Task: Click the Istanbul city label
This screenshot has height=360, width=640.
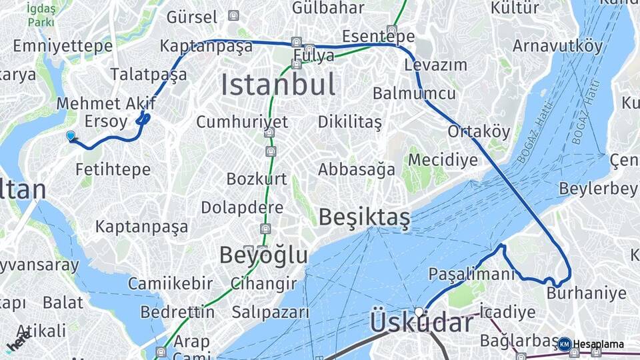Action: [x=278, y=85]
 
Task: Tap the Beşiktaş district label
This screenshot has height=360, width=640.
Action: [x=364, y=217]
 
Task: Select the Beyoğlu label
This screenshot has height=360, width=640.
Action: [x=264, y=255]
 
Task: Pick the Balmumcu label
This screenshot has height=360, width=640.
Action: [x=414, y=93]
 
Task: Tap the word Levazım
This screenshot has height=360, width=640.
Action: [x=435, y=65]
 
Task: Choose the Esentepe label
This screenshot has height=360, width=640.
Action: [x=379, y=36]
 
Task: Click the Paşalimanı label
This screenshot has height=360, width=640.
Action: [x=471, y=274]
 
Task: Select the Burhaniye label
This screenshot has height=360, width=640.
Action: [x=586, y=293]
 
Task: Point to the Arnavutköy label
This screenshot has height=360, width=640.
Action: [x=557, y=46]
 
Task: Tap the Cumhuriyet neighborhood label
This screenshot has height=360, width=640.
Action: [x=242, y=122]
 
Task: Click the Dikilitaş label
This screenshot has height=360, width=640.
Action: [x=349, y=122]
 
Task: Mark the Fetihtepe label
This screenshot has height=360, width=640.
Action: [x=113, y=169]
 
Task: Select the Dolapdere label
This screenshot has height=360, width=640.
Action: [x=242, y=207]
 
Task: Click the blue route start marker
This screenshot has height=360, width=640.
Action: [x=71, y=136]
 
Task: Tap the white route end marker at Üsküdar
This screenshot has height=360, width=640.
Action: [x=419, y=311]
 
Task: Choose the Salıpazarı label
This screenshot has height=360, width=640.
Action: [x=271, y=312]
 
